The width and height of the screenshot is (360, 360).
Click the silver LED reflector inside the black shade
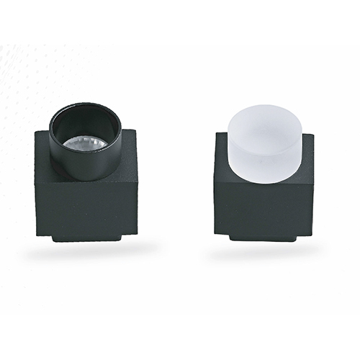click(85, 143)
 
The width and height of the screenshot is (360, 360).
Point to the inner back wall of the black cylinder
click(85, 120)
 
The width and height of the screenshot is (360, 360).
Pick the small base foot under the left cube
click(86, 237)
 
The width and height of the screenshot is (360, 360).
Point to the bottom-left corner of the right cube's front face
click(215, 232)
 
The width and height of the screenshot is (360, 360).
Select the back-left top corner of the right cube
click(215, 133)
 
